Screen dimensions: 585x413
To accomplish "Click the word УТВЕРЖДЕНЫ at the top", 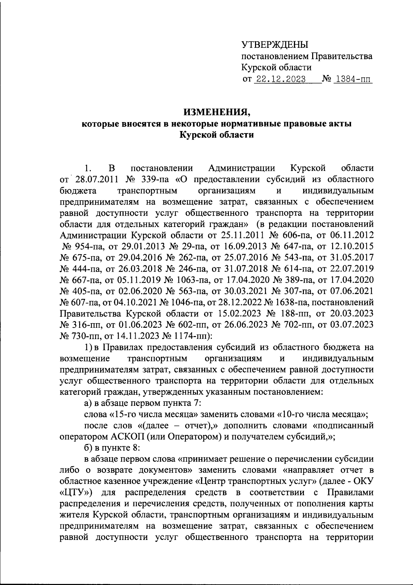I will click(274, 45).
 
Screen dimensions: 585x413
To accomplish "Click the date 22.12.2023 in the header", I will click(279, 79).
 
